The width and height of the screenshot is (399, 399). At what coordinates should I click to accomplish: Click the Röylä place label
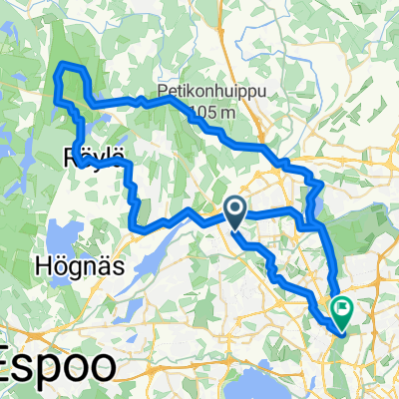click(96, 157)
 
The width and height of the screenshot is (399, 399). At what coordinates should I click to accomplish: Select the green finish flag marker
click(341, 310)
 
